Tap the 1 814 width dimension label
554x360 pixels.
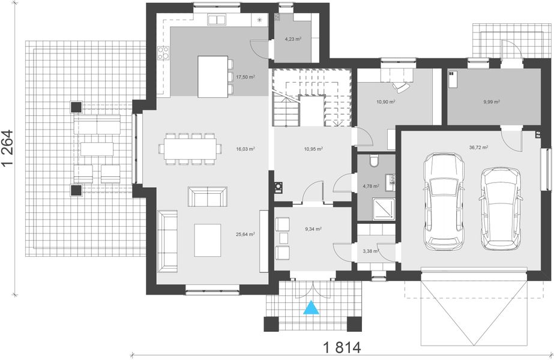tap(342, 347)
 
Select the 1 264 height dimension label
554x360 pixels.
tap(7, 148)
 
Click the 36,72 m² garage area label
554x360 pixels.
tap(479, 147)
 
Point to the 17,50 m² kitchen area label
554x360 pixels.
tap(245, 76)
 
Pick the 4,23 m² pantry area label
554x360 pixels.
tap(293, 39)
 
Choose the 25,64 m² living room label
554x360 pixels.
tap(245, 234)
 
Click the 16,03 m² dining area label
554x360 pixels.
tap(245, 149)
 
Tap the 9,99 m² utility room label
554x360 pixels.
tap(492, 102)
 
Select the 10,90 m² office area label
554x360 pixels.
tap(386, 102)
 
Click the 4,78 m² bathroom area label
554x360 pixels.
tap(371, 186)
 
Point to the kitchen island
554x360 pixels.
tap(212, 77)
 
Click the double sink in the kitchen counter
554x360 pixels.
tap(216, 20)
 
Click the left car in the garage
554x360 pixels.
tap(444, 202)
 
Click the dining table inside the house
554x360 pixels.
tap(190, 149)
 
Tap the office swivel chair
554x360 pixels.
tap(402, 87)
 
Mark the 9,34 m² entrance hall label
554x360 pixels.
tap(313, 229)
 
